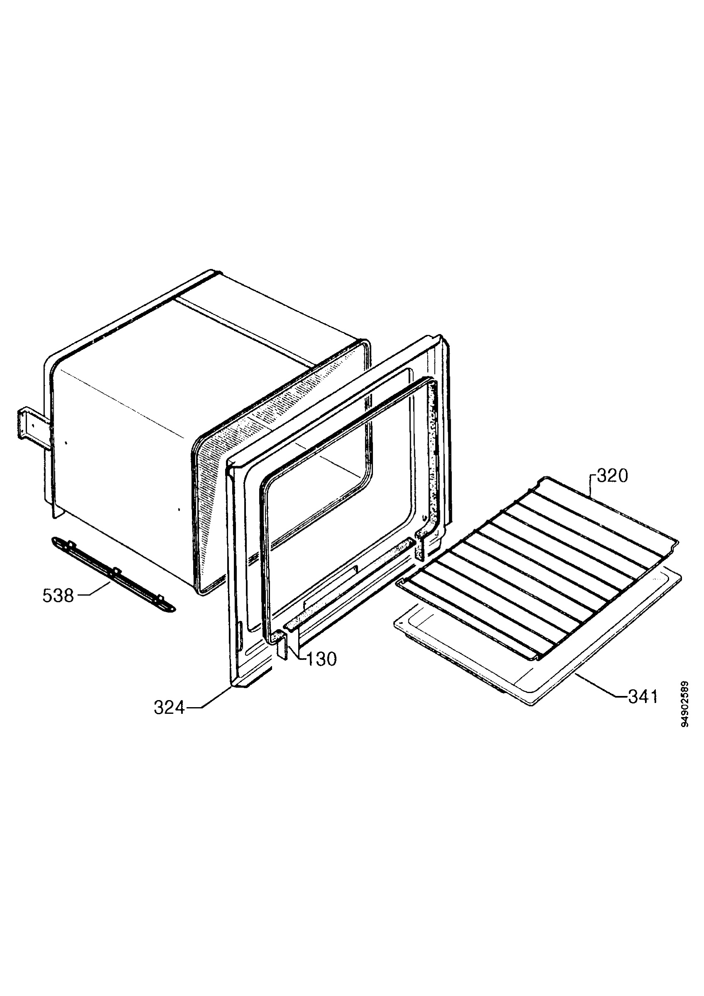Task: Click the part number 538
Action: pyautogui.click(x=58, y=596)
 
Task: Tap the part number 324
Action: pyautogui.click(x=169, y=708)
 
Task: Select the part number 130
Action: pyautogui.click(x=321, y=659)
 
